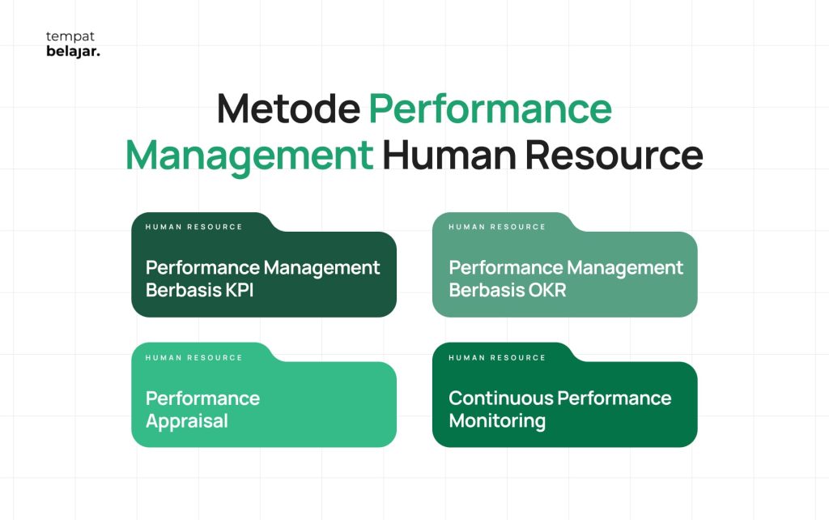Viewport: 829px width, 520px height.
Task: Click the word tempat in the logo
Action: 70,37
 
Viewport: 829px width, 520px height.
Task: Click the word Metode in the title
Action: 289,109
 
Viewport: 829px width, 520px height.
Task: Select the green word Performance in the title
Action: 490,109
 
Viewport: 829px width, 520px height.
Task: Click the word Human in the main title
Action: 449,155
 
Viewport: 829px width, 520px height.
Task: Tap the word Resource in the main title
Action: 614,155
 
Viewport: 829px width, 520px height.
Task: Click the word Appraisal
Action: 187,422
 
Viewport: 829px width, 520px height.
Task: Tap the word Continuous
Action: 500,398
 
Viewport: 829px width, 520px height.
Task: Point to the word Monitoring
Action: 497,421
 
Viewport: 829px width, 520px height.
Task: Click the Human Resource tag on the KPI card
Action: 194,227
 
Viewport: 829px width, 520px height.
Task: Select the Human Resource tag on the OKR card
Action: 497,227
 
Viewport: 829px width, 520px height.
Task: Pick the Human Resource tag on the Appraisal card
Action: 194,357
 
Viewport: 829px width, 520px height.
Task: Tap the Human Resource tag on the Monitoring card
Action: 497,357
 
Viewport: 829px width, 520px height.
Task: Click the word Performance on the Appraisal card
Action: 202,399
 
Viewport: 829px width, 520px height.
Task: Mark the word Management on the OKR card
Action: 626,268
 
